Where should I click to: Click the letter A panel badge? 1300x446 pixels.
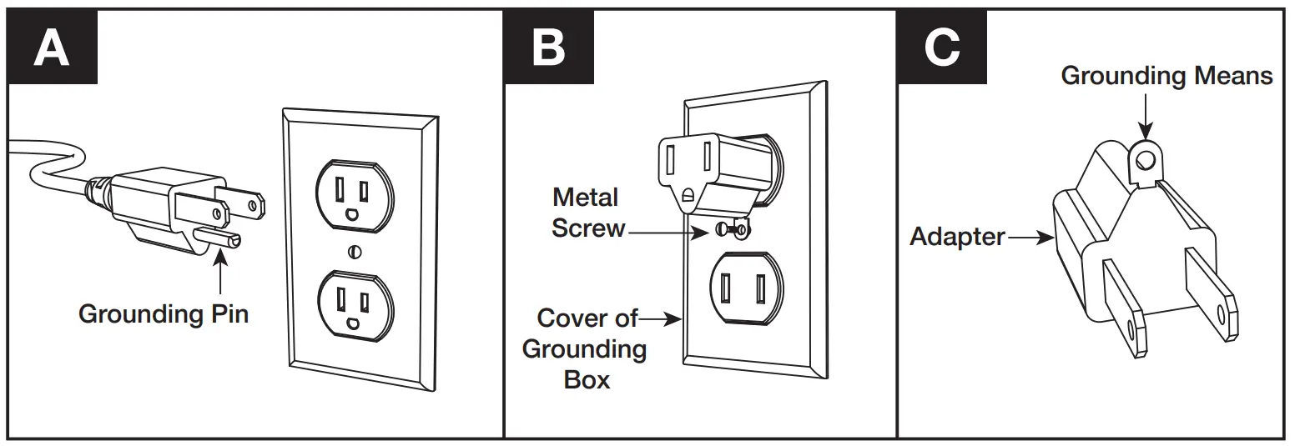click(x=52, y=48)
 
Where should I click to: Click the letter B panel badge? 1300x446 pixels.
click(x=548, y=48)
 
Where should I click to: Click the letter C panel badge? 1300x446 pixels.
click(x=942, y=48)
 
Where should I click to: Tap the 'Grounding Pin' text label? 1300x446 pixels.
click(x=164, y=314)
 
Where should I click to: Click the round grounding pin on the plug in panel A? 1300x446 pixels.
click(x=219, y=238)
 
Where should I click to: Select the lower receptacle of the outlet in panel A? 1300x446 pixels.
click(x=355, y=302)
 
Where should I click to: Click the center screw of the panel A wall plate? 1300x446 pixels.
click(x=355, y=250)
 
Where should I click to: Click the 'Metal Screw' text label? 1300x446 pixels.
click(x=587, y=213)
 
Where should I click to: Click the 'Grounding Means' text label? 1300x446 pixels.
click(x=1166, y=76)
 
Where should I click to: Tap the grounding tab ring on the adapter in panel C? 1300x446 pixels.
click(x=1146, y=158)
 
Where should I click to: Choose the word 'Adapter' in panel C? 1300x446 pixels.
click(x=957, y=237)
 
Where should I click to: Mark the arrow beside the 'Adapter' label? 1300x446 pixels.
click(x=1031, y=238)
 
